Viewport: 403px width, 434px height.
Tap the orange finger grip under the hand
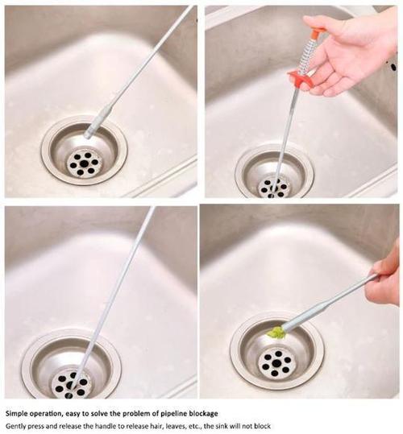click(x=300, y=77)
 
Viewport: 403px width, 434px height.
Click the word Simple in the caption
click(x=19, y=412)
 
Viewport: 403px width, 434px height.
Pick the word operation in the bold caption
click(x=53, y=412)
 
